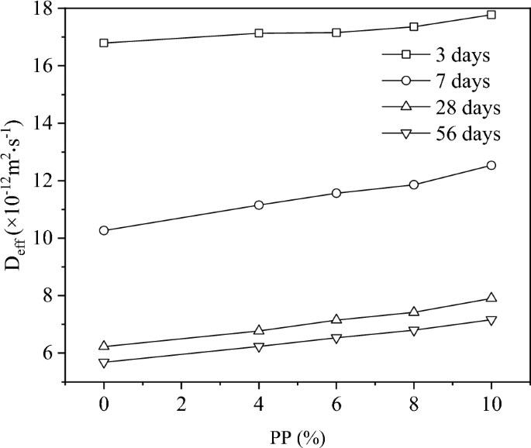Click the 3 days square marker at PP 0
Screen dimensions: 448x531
[x=104, y=43]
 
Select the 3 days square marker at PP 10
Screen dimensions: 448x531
[x=491, y=15]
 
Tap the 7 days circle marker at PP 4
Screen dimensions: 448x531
[x=259, y=205]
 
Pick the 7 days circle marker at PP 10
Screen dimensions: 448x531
[x=491, y=165]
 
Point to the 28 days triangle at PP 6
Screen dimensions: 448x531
[x=336, y=319]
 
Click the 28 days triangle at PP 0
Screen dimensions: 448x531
[x=104, y=346]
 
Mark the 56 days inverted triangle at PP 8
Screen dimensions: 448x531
[x=414, y=331]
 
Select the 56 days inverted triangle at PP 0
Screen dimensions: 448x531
[x=104, y=363]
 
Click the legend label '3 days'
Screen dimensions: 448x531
[x=463, y=55]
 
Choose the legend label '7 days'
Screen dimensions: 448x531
[x=463, y=81]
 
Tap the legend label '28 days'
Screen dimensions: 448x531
[x=468, y=107]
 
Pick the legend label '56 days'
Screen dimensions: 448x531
[x=468, y=133]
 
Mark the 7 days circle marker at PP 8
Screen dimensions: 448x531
[x=414, y=184]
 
